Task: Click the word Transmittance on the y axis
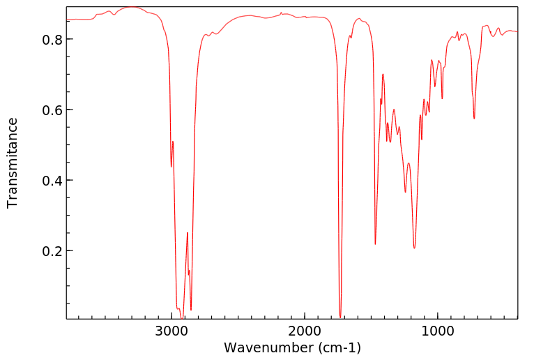13,163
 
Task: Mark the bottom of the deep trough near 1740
340,317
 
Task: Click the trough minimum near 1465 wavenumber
375,244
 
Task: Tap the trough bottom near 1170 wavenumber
414,248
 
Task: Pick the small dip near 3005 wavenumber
171,167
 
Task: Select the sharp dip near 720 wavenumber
474,119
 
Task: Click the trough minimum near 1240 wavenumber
405,192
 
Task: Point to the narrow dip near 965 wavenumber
442,98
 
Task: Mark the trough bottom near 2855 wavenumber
191,310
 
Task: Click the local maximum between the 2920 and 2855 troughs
187,233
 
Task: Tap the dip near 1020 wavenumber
435,87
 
